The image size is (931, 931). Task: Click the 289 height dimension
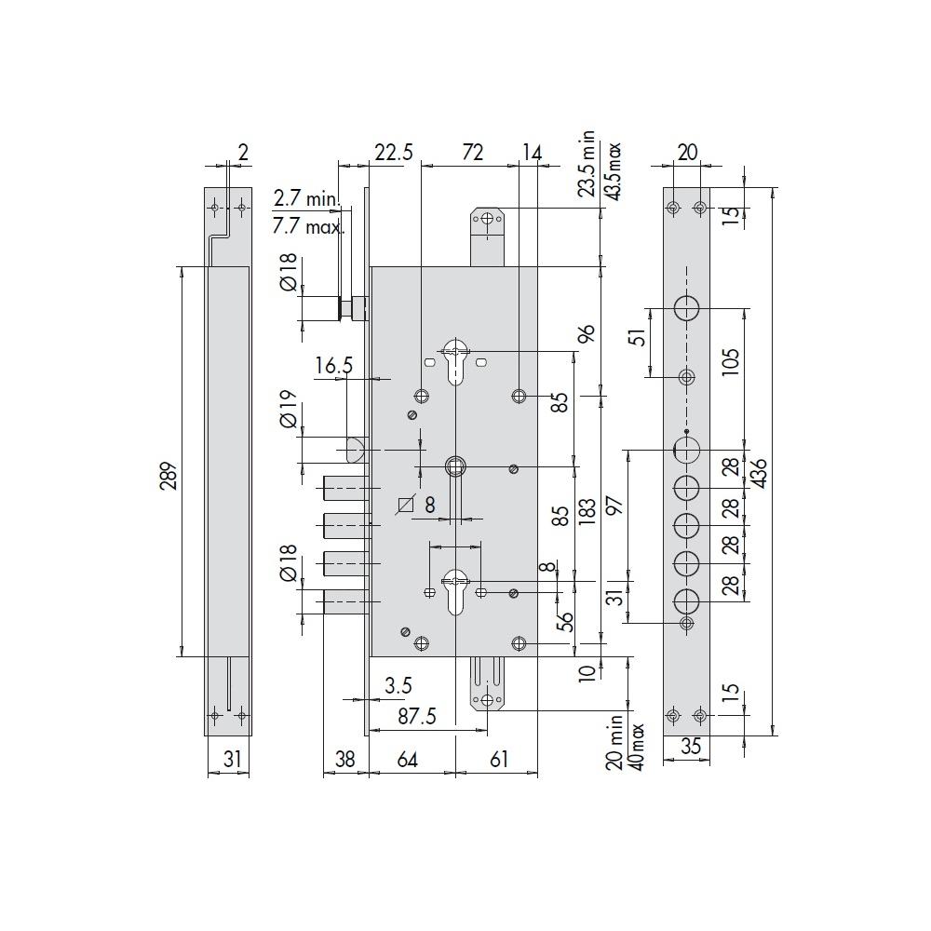point(169,476)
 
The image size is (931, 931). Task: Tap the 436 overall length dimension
point(759,473)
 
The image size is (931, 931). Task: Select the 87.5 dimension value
point(417,716)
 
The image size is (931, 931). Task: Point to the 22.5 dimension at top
point(394,153)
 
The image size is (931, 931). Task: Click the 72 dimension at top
point(472,153)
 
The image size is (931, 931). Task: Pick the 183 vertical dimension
point(587,512)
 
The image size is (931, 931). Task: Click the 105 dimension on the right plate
point(731,361)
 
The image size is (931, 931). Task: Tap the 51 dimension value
point(640,337)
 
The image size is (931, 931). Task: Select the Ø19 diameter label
point(288,409)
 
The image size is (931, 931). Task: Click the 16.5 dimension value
point(333,365)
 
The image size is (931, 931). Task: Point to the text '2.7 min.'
point(306,198)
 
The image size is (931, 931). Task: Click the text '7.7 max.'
point(309,226)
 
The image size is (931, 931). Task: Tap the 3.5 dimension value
point(398,686)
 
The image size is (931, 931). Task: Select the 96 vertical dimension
point(587,333)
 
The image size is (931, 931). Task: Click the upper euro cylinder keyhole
point(455,361)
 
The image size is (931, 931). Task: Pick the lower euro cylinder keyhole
point(455,591)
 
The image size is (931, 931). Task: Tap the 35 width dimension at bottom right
point(691,746)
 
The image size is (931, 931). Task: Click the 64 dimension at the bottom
point(408,760)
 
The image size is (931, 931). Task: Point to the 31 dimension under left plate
point(233,760)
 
